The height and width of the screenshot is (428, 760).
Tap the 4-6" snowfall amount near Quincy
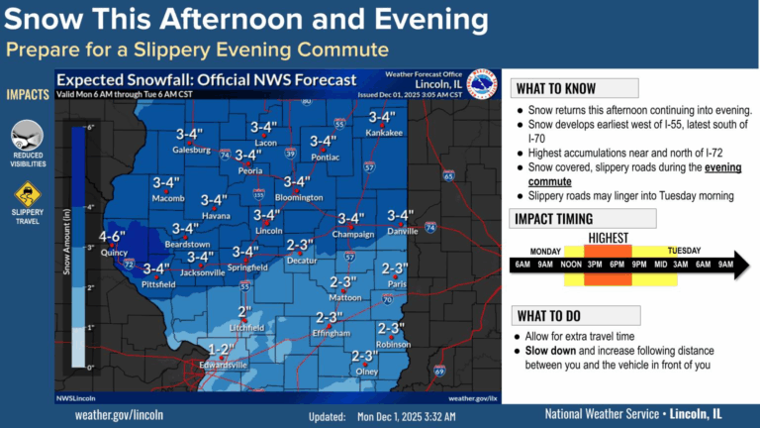pos(111,237)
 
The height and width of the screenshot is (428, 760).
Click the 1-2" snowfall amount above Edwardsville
pos(222,349)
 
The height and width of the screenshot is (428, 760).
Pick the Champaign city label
pos(352,235)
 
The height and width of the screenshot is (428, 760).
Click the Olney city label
pos(367,372)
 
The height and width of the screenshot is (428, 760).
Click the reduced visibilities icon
pos(27,135)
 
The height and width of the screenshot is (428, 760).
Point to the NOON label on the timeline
pos(571,266)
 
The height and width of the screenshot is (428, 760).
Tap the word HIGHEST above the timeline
pos(609,238)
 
